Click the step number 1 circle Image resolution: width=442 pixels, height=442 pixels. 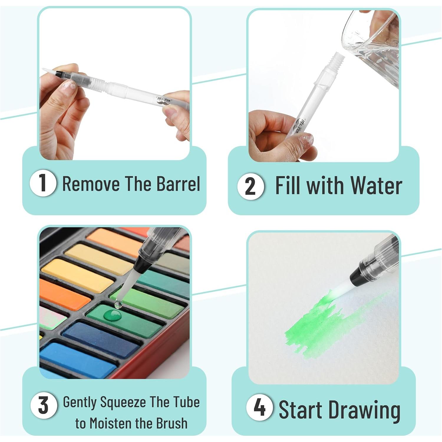(43, 183)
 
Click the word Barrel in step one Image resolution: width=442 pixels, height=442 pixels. (178, 184)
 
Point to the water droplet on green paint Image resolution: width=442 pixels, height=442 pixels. (112, 315)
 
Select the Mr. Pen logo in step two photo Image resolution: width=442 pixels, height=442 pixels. (300, 125)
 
